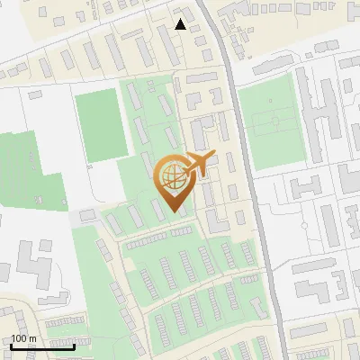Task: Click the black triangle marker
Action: click(181, 24)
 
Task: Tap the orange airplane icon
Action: click(198, 165)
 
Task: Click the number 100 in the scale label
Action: click(18, 338)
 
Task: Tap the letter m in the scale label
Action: click(32, 338)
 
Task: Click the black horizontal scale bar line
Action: click(42, 346)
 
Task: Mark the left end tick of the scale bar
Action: click(11, 345)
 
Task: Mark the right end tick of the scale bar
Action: click(74, 345)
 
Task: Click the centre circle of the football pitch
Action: click(275, 119)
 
